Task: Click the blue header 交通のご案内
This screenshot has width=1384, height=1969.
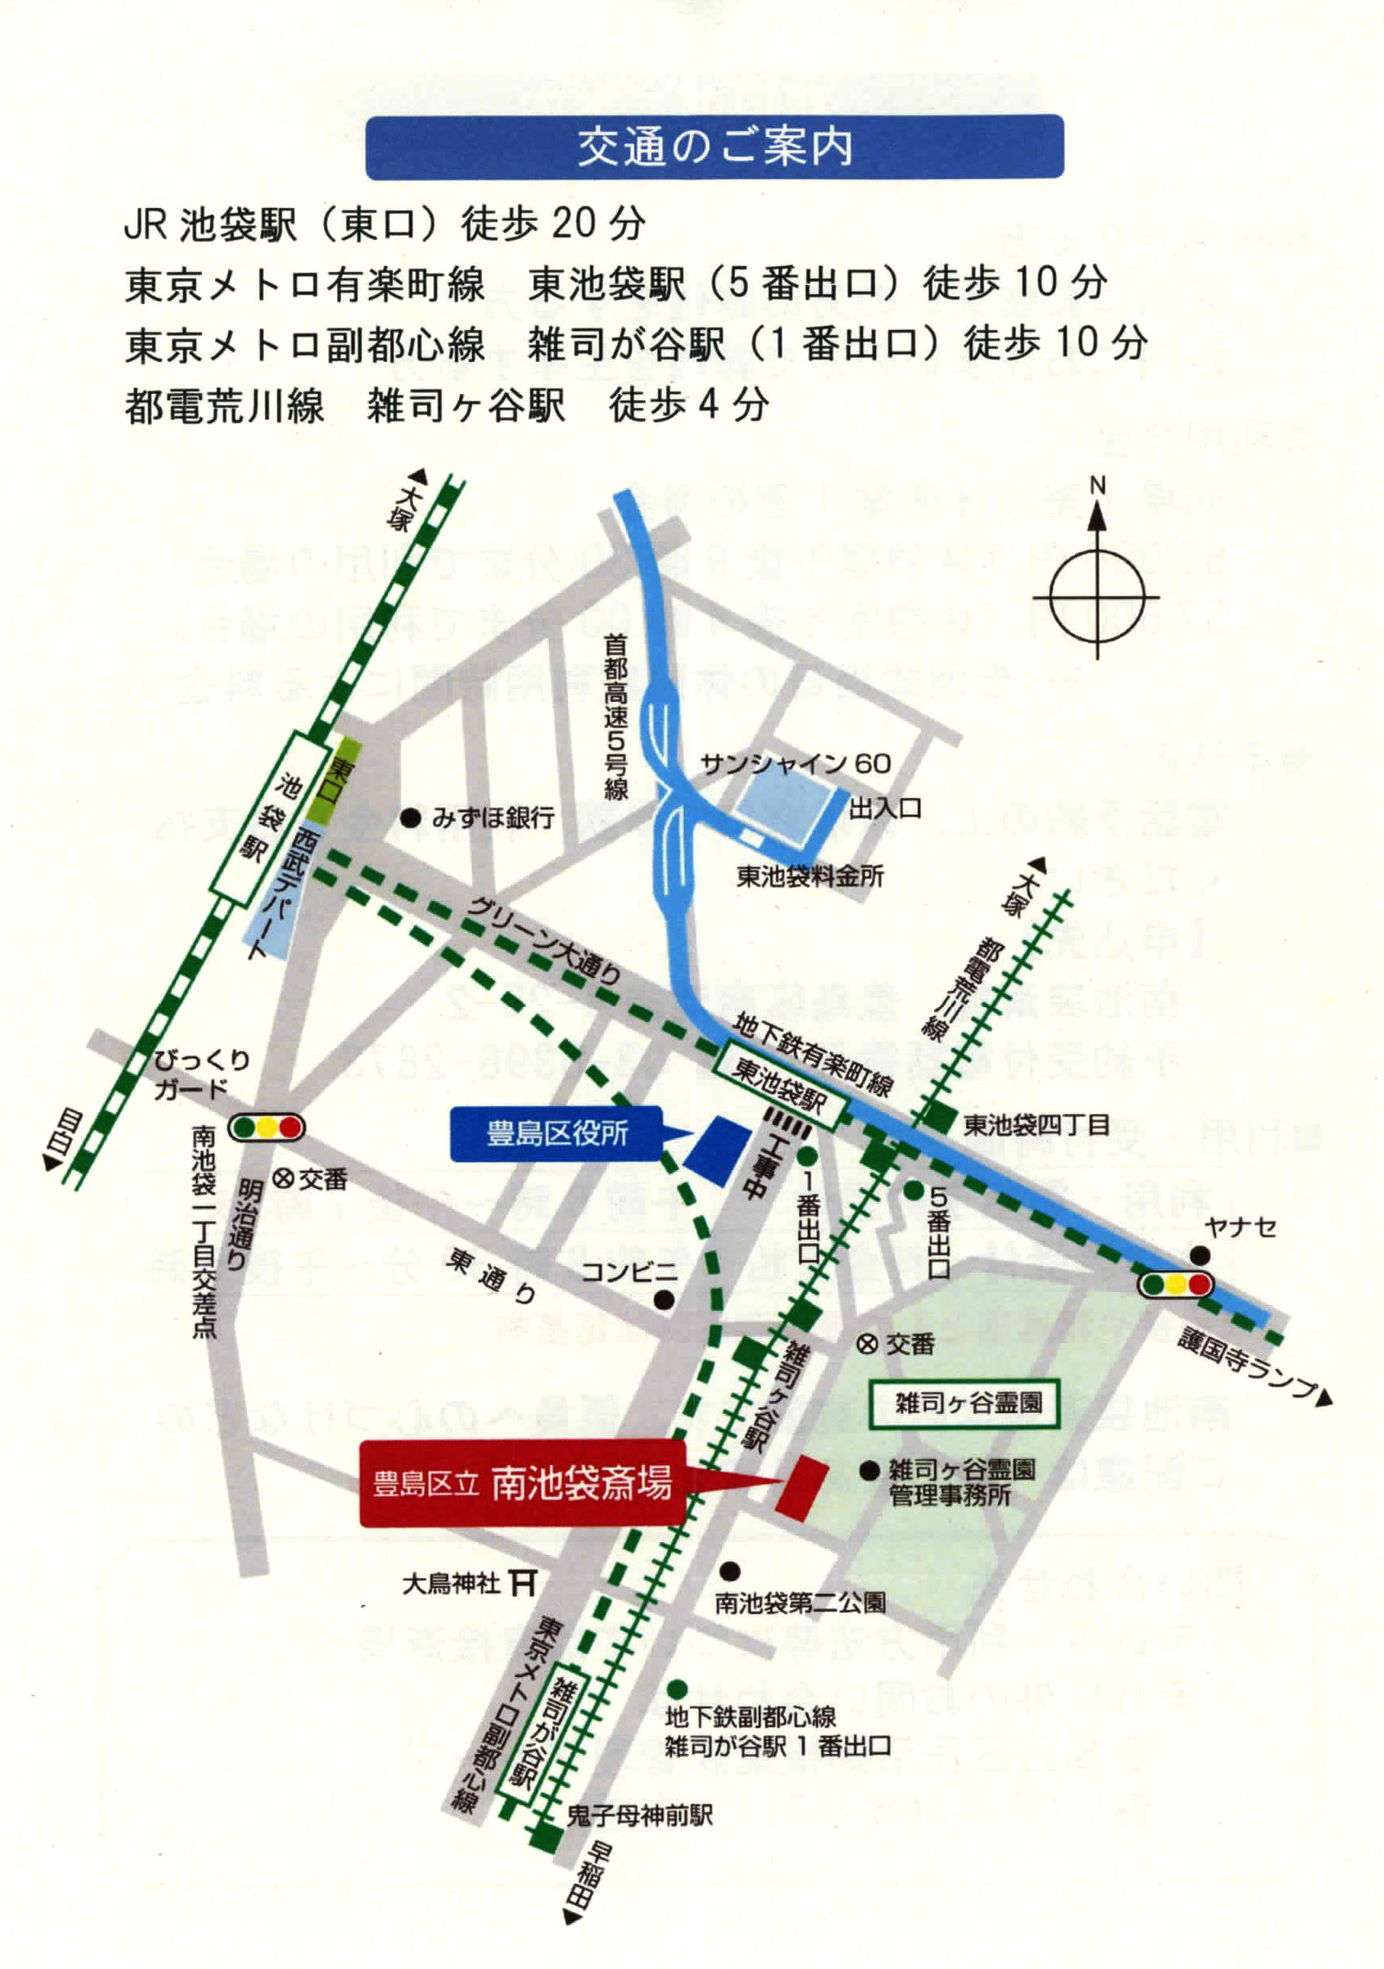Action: click(x=714, y=148)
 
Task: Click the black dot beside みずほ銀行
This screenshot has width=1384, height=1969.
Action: click(x=412, y=818)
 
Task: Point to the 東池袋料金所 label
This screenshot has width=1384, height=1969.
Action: click(x=810, y=875)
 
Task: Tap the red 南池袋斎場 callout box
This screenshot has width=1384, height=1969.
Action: click(x=522, y=1484)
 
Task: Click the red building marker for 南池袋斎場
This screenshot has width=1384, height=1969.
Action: click(x=802, y=1488)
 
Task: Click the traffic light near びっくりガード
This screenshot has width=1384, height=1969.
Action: click(x=266, y=1127)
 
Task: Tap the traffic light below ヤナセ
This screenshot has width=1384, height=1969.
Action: click(x=1176, y=1285)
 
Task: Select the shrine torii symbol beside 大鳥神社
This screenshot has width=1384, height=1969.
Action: click(x=522, y=1582)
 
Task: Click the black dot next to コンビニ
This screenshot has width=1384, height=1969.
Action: click(x=663, y=1300)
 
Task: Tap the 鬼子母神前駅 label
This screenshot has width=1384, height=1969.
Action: click(x=639, y=1816)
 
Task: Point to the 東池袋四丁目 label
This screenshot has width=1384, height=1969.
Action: click(x=1036, y=1124)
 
